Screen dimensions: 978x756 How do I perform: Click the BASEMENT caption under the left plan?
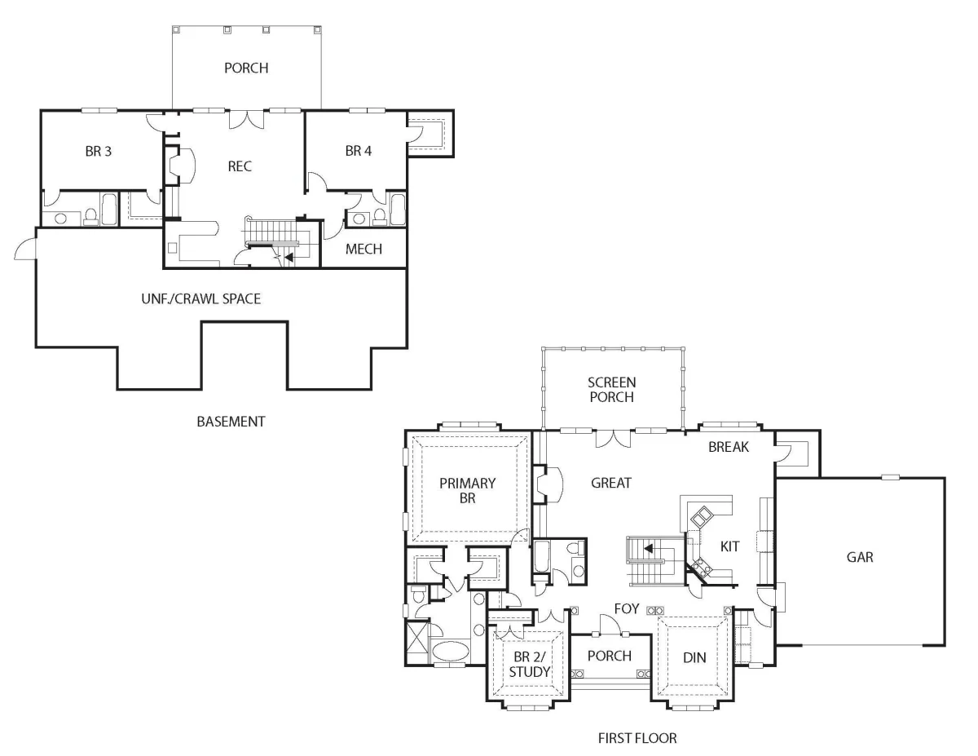(x=231, y=422)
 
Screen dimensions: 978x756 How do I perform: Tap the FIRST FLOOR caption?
(x=637, y=738)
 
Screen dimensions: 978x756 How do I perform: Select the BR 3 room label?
(x=98, y=152)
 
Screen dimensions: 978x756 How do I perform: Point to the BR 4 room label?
(x=359, y=151)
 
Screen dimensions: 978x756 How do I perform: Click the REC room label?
(x=240, y=166)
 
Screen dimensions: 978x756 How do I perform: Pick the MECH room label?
(x=363, y=249)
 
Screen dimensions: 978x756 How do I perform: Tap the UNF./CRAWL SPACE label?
(x=200, y=299)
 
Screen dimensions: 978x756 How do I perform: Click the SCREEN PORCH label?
(x=611, y=390)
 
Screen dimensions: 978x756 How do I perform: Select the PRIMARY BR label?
(x=467, y=491)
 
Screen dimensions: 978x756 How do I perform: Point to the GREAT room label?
(x=610, y=483)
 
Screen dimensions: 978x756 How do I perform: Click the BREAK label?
(x=729, y=447)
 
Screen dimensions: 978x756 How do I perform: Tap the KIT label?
(x=729, y=546)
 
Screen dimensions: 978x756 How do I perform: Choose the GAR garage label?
(x=860, y=558)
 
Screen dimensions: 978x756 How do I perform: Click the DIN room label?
(x=694, y=658)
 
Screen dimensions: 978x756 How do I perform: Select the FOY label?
(x=627, y=608)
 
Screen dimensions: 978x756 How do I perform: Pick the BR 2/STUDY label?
(x=529, y=665)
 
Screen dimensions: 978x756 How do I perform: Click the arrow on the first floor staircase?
(x=649, y=549)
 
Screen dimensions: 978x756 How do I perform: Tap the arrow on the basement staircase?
(x=289, y=258)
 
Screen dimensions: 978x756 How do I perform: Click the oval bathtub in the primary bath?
(x=451, y=651)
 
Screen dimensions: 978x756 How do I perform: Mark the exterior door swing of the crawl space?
(x=24, y=246)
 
